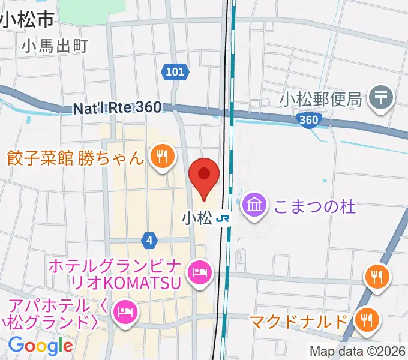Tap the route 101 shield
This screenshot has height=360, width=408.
(175, 72)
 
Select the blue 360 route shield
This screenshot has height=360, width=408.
(308, 120)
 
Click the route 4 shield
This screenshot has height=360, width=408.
(149, 241)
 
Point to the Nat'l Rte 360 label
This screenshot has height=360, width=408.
(118, 108)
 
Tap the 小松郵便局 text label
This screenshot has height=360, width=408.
(322, 98)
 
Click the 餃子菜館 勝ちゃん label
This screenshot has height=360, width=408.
(76, 158)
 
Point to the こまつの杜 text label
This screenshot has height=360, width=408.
(314, 207)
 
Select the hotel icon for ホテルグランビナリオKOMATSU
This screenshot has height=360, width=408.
(199, 273)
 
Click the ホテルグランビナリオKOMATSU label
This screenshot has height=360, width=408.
(114, 274)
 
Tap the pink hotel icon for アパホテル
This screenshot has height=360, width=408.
(125, 311)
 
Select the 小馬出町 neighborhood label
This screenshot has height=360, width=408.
(55, 45)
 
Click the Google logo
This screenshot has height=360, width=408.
(40, 345)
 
